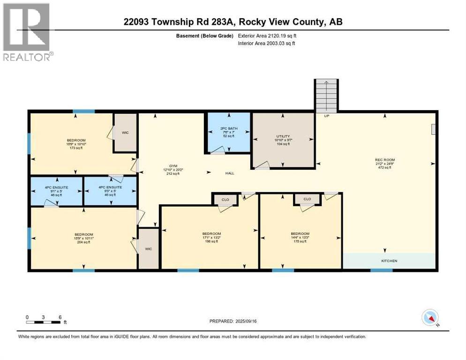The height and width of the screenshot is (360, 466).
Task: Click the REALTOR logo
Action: [x=27, y=32]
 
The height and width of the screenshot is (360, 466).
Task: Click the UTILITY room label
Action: [x=283, y=136]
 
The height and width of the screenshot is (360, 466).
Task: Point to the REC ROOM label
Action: [x=383, y=160]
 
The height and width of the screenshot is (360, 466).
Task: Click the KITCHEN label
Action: [x=389, y=261]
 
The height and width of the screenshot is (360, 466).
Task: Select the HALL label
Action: [x=229, y=173]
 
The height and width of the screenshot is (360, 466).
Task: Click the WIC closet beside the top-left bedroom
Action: [x=125, y=133]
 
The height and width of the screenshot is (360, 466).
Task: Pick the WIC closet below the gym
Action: [x=149, y=248]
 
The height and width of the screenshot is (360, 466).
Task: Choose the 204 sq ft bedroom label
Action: [x=83, y=234]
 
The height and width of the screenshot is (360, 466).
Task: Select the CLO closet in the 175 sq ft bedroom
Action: [x=307, y=199]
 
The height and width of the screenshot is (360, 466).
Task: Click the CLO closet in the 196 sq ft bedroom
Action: [x=225, y=200]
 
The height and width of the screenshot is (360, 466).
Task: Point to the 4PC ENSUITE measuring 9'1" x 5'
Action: [x=56, y=189]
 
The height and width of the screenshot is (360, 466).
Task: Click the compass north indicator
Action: [x=429, y=318]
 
